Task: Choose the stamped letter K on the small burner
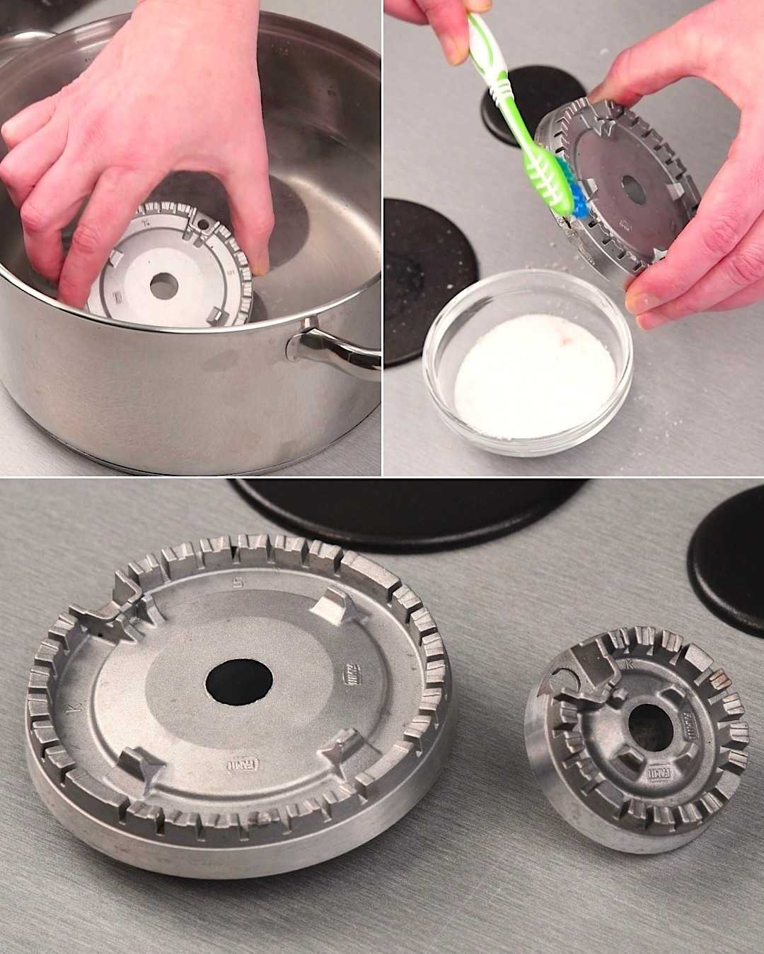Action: pyautogui.click(x=629, y=664)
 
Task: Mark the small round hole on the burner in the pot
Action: pyautogui.click(x=204, y=224)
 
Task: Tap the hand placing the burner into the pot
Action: pyautogui.click(x=141, y=141)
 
